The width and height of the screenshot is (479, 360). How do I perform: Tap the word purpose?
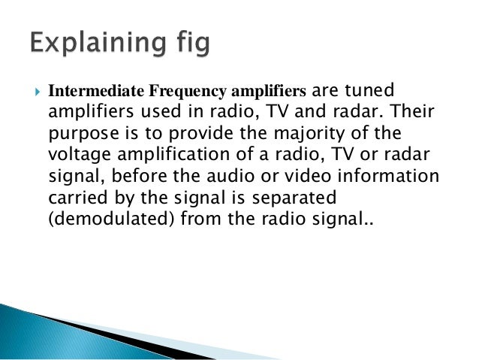[76, 132]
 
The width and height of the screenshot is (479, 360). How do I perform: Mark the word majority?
[285, 132]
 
